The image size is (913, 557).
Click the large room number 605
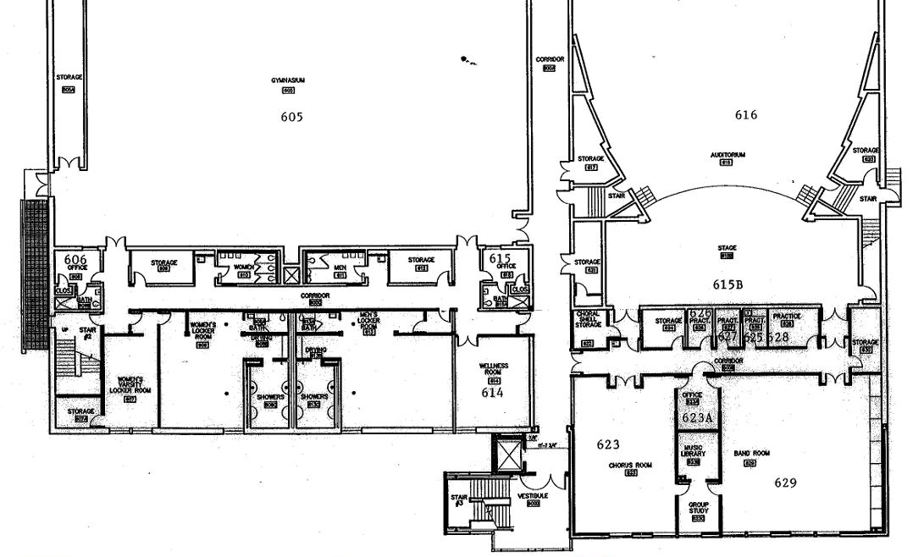(290, 117)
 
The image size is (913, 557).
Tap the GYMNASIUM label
(288, 80)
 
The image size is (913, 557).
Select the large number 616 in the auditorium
(745, 115)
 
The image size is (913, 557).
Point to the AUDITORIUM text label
(726, 155)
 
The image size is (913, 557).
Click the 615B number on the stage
(728, 284)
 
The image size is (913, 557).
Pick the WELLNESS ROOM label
(495, 369)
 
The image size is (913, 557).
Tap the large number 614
(493, 393)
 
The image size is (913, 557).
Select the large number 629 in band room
(788, 483)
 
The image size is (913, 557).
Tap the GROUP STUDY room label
(698, 508)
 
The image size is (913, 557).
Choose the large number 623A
(699, 417)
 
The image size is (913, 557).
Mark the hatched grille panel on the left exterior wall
(35, 275)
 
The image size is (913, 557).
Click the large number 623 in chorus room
(608, 444)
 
